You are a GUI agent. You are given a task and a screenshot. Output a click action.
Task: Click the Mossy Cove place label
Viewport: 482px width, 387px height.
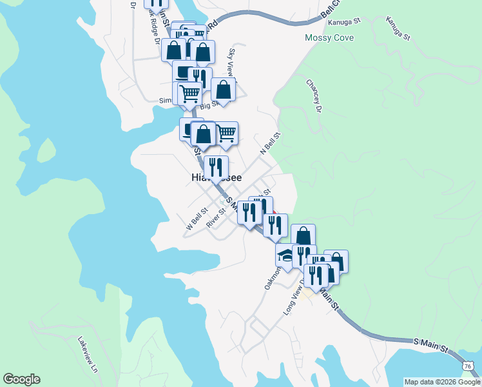click(x=329, y=38)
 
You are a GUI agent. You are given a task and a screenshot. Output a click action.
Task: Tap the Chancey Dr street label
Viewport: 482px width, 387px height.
click(x=314, y=95)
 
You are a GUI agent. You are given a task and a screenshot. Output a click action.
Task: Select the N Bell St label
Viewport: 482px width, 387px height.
click(x=271, y=143)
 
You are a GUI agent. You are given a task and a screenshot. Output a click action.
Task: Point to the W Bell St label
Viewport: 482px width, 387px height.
click(x=197, y=219)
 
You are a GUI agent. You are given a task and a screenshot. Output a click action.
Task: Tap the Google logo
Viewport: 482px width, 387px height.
click(x=21, y=379)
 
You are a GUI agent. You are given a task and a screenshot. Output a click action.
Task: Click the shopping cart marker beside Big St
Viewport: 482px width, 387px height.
click(x=190, y=94)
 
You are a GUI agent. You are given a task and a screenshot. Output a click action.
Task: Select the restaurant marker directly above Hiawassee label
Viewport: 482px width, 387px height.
click(x=216, y=168)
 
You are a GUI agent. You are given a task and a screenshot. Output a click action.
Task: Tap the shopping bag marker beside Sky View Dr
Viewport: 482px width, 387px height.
click(x=224, y=90)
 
